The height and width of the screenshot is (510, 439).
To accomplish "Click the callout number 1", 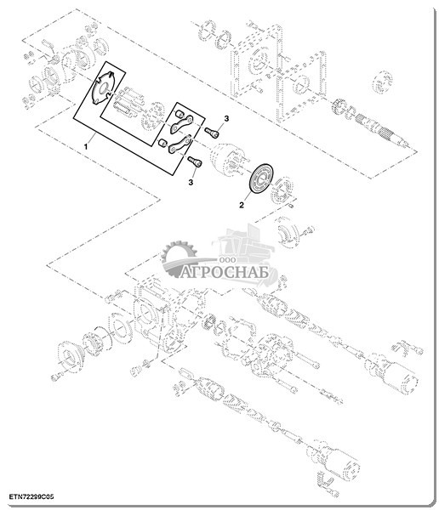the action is pos(86,147).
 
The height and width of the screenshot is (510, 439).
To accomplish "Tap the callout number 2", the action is pos(242,205).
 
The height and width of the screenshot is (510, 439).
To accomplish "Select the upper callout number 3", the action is pos(226,118).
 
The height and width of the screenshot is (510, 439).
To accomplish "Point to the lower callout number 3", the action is pos(191,182).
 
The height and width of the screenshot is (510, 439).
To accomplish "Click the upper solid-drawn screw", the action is pos(212,132).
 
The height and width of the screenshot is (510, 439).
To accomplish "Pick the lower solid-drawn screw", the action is pos(195,161).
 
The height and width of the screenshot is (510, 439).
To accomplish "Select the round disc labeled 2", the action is pos(260,178).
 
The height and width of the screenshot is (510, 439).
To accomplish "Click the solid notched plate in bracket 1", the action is pos(103,88).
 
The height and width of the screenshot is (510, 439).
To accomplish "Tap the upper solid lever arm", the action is pos(182,124).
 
